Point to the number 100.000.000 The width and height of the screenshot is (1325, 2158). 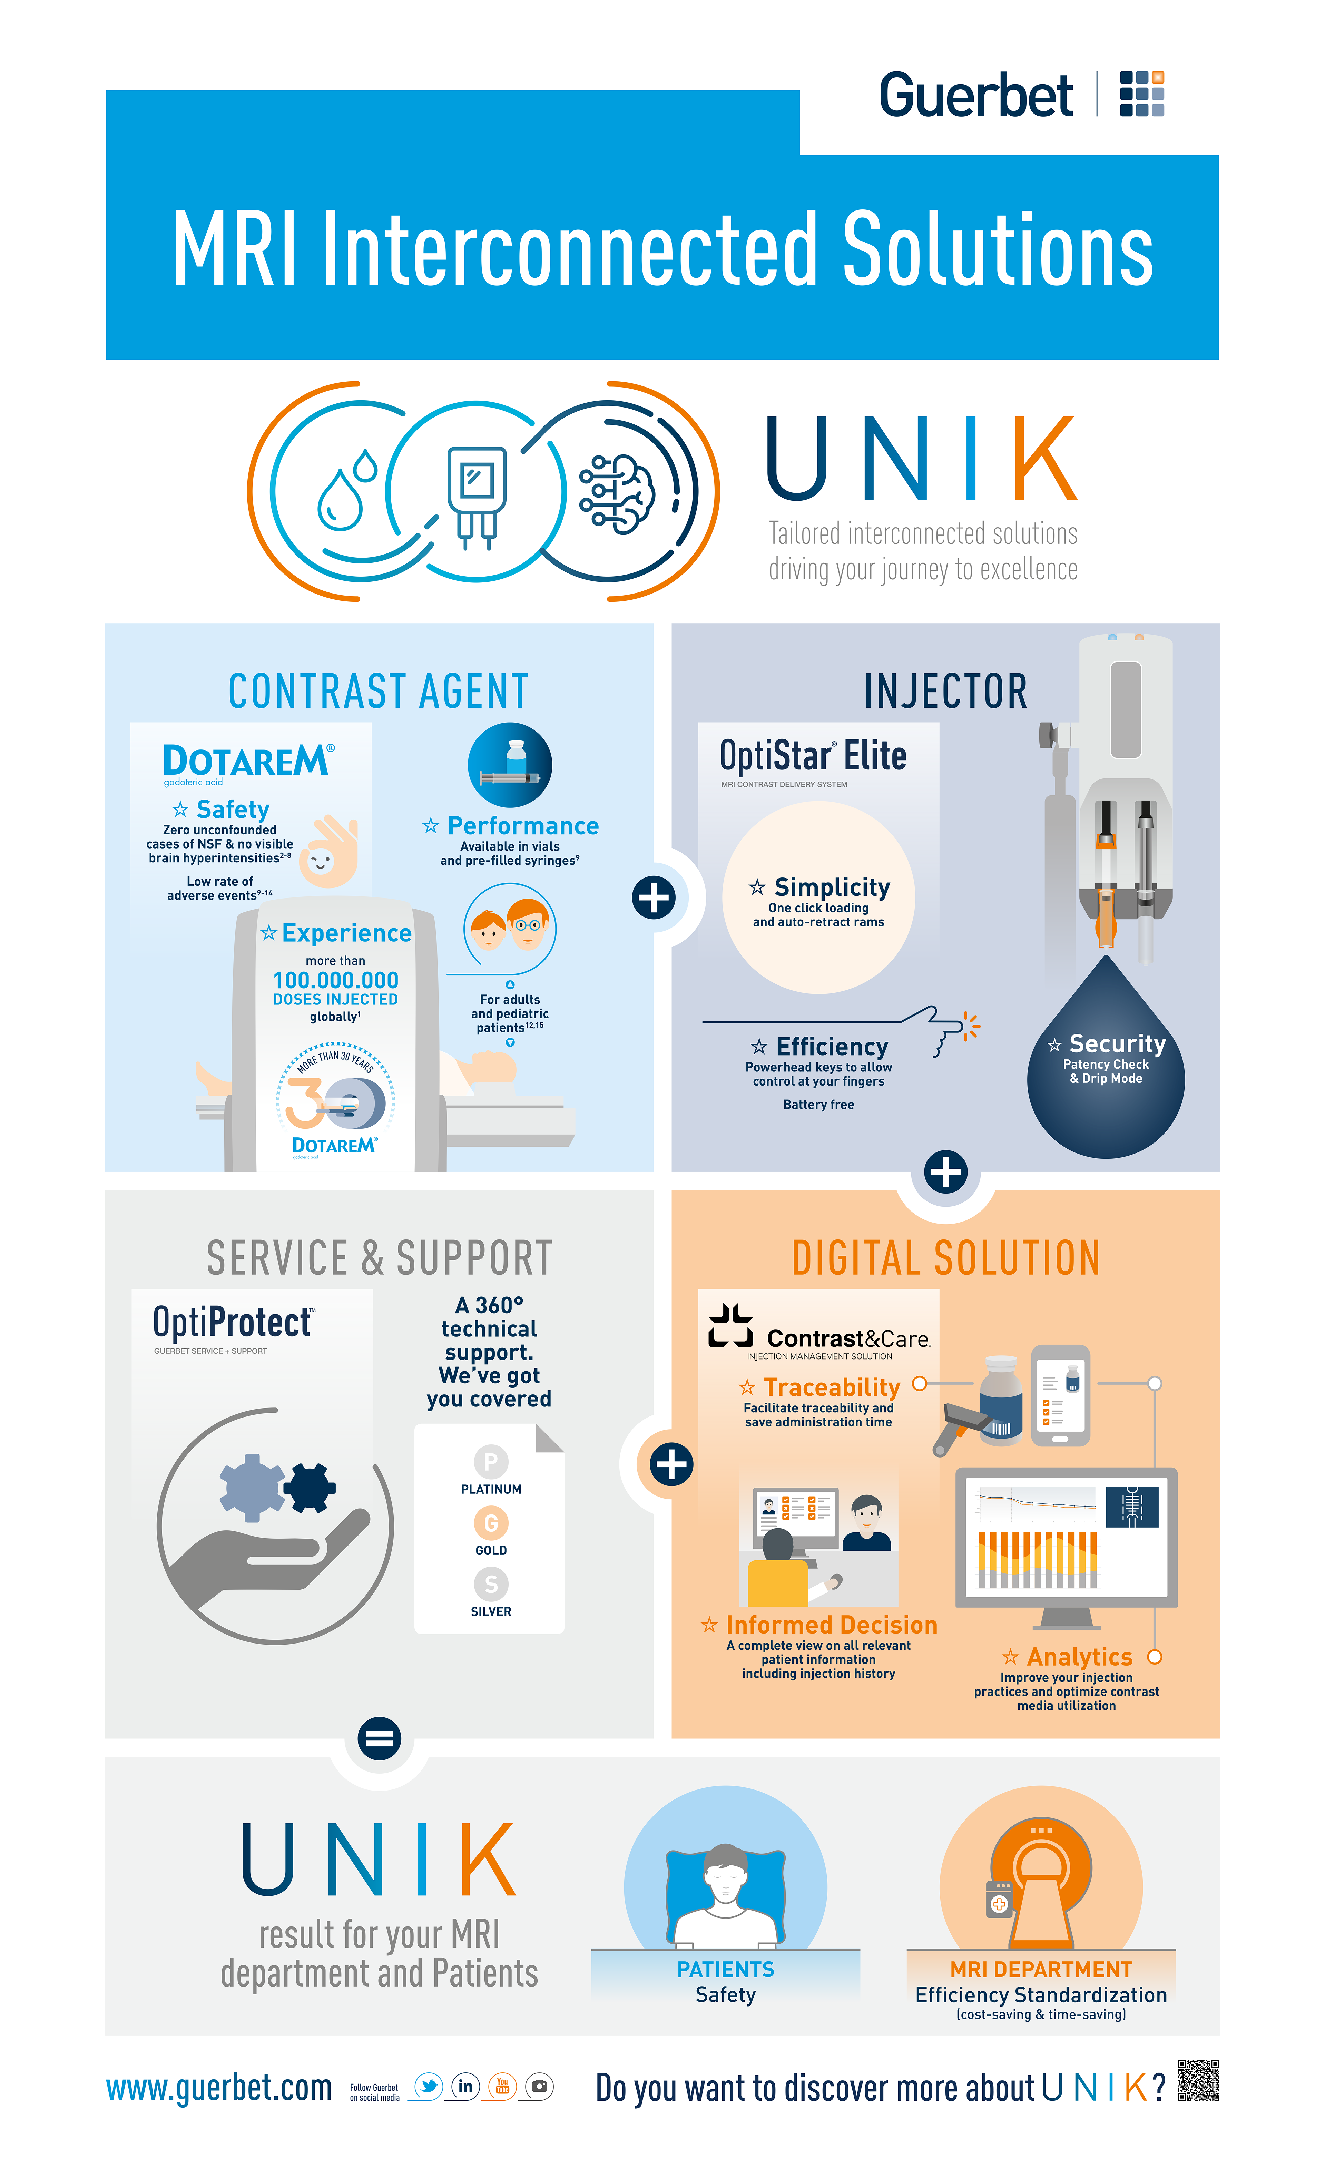336,980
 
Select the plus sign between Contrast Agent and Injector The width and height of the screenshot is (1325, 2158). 654,897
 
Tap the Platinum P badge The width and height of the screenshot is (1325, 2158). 491,1461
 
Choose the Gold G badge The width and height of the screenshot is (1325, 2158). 491,1523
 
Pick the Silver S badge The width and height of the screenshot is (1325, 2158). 491,1584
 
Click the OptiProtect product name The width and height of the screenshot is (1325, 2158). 232,1322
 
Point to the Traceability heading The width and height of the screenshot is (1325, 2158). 831,1387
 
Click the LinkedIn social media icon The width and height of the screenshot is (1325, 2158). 465,2086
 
